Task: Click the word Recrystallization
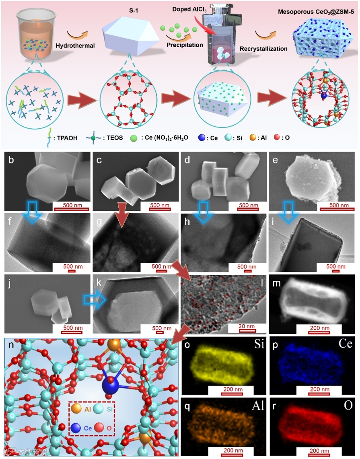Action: (263, 49)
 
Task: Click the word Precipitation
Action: (185, 45)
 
